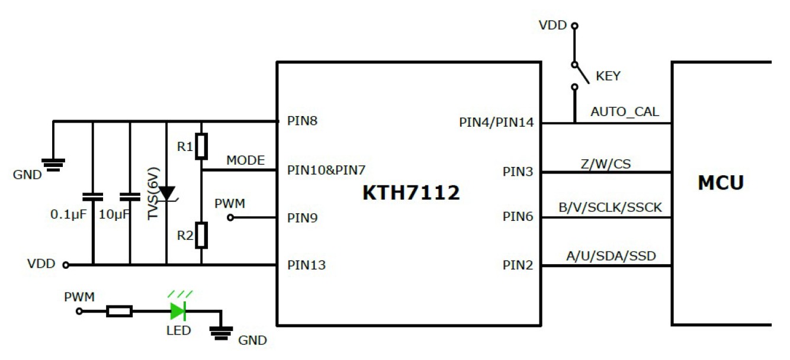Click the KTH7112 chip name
411,192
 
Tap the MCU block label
720,183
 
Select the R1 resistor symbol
201,146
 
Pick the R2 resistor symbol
201,235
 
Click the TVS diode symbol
166,193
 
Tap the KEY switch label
608,76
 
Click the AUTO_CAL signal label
625,111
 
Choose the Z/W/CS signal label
606,162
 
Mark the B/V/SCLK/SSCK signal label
610,207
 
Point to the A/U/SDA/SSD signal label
611,256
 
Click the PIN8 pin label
302,121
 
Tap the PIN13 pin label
306,265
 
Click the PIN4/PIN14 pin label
496,123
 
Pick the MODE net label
245,160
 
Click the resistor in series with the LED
119,310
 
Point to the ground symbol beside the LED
221,333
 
